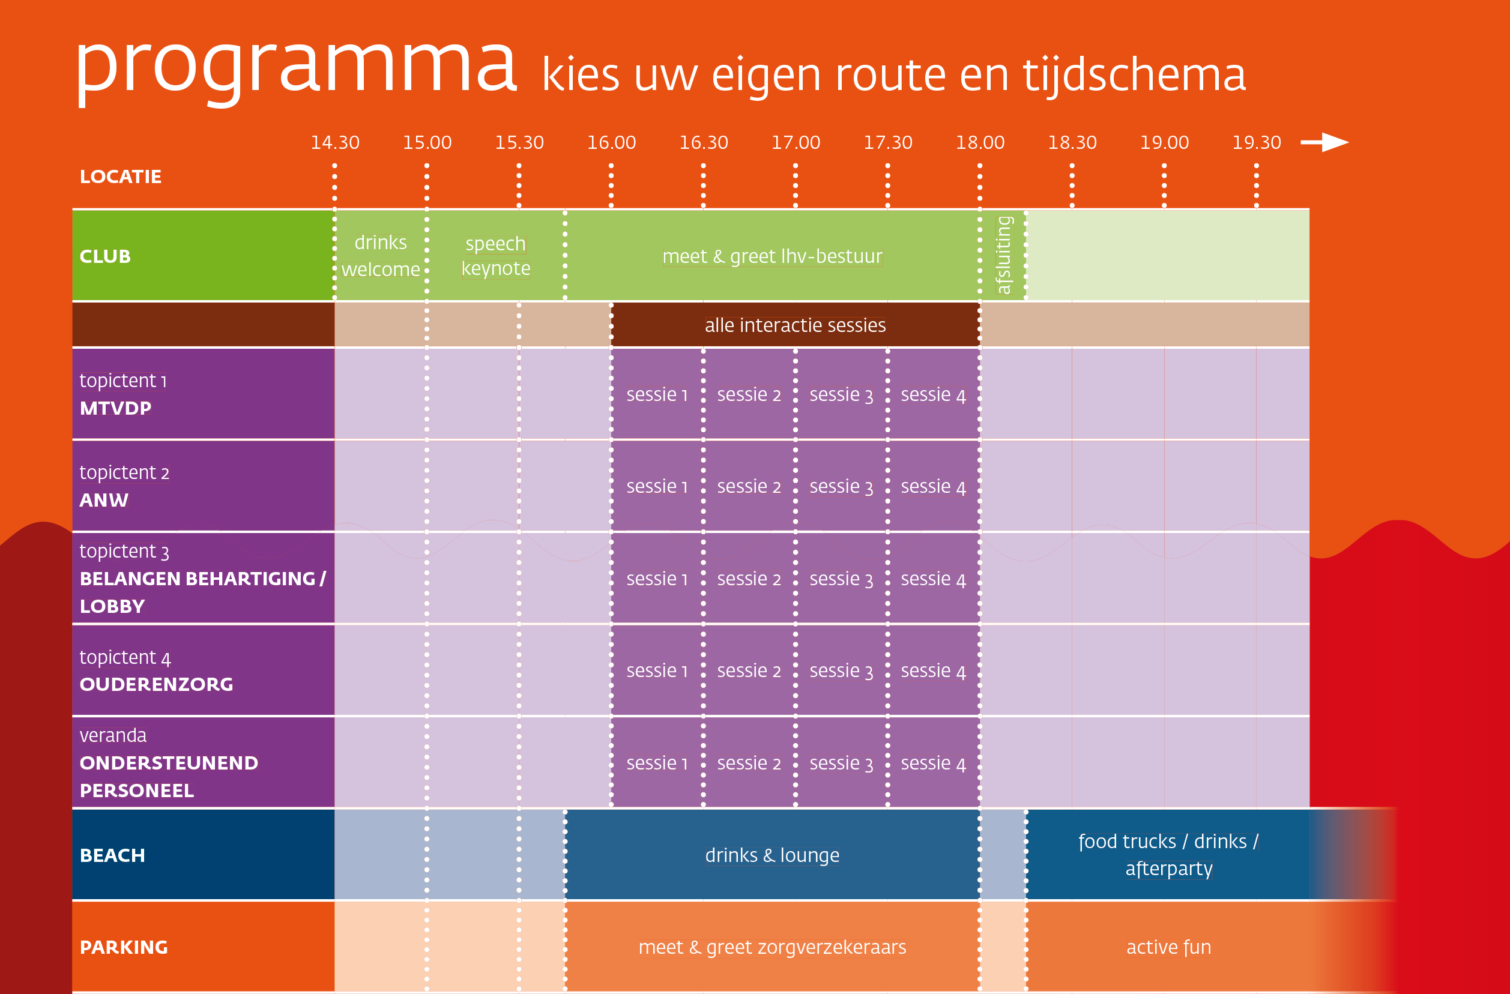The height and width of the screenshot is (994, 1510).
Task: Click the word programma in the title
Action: [295, 67]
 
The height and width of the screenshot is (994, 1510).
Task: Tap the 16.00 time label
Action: [611, 143]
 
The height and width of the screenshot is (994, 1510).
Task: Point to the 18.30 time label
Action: [1072, 143]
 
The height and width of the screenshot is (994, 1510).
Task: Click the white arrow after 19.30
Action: [1324, 142]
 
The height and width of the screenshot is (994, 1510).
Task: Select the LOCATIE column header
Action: [121, 176]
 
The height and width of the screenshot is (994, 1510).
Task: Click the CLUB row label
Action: [105, 256]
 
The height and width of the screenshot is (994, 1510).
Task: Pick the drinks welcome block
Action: [381, 256]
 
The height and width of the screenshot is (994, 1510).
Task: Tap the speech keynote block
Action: [495, 256]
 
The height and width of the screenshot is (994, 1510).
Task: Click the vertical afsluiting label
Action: [1003, 255]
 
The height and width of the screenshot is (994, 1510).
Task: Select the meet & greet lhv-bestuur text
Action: [772, 256]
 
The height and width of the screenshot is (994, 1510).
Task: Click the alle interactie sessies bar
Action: [795, 325]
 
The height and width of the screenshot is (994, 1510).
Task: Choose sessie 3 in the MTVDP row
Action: [841, 394]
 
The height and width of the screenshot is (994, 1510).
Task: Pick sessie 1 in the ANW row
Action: [657, 487]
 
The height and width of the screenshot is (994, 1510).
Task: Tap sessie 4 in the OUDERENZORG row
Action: [932, 671]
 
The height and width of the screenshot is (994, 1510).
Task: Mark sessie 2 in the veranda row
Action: [749, 763]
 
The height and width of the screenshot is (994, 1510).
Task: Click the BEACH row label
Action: [112, 855]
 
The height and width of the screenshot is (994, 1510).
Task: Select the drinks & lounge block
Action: [772, 855]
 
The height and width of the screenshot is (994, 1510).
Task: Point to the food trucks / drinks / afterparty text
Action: [1168, 855]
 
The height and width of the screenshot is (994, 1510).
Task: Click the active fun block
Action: [1168, 947]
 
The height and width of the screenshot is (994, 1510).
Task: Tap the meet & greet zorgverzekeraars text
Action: [772, 947]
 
